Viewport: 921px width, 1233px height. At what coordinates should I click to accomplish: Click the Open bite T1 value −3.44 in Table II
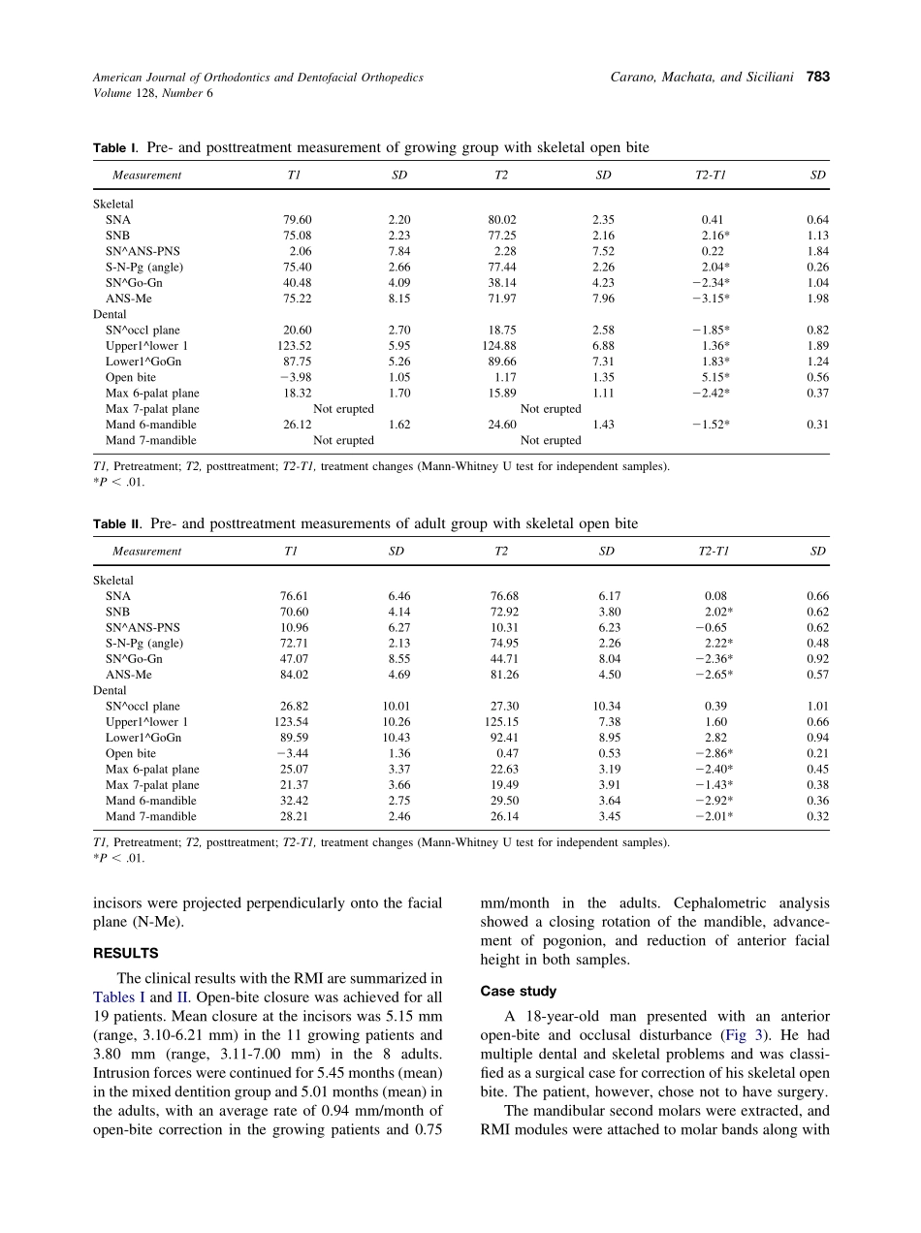tap(292, 753)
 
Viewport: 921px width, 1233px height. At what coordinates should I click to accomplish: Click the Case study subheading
tap(519, 991)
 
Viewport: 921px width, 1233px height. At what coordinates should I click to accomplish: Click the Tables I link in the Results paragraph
tap(119, 996)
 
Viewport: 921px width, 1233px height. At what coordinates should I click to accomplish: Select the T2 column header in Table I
tap(501, 175)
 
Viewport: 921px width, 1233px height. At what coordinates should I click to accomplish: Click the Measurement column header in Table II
tap(146, 552)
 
